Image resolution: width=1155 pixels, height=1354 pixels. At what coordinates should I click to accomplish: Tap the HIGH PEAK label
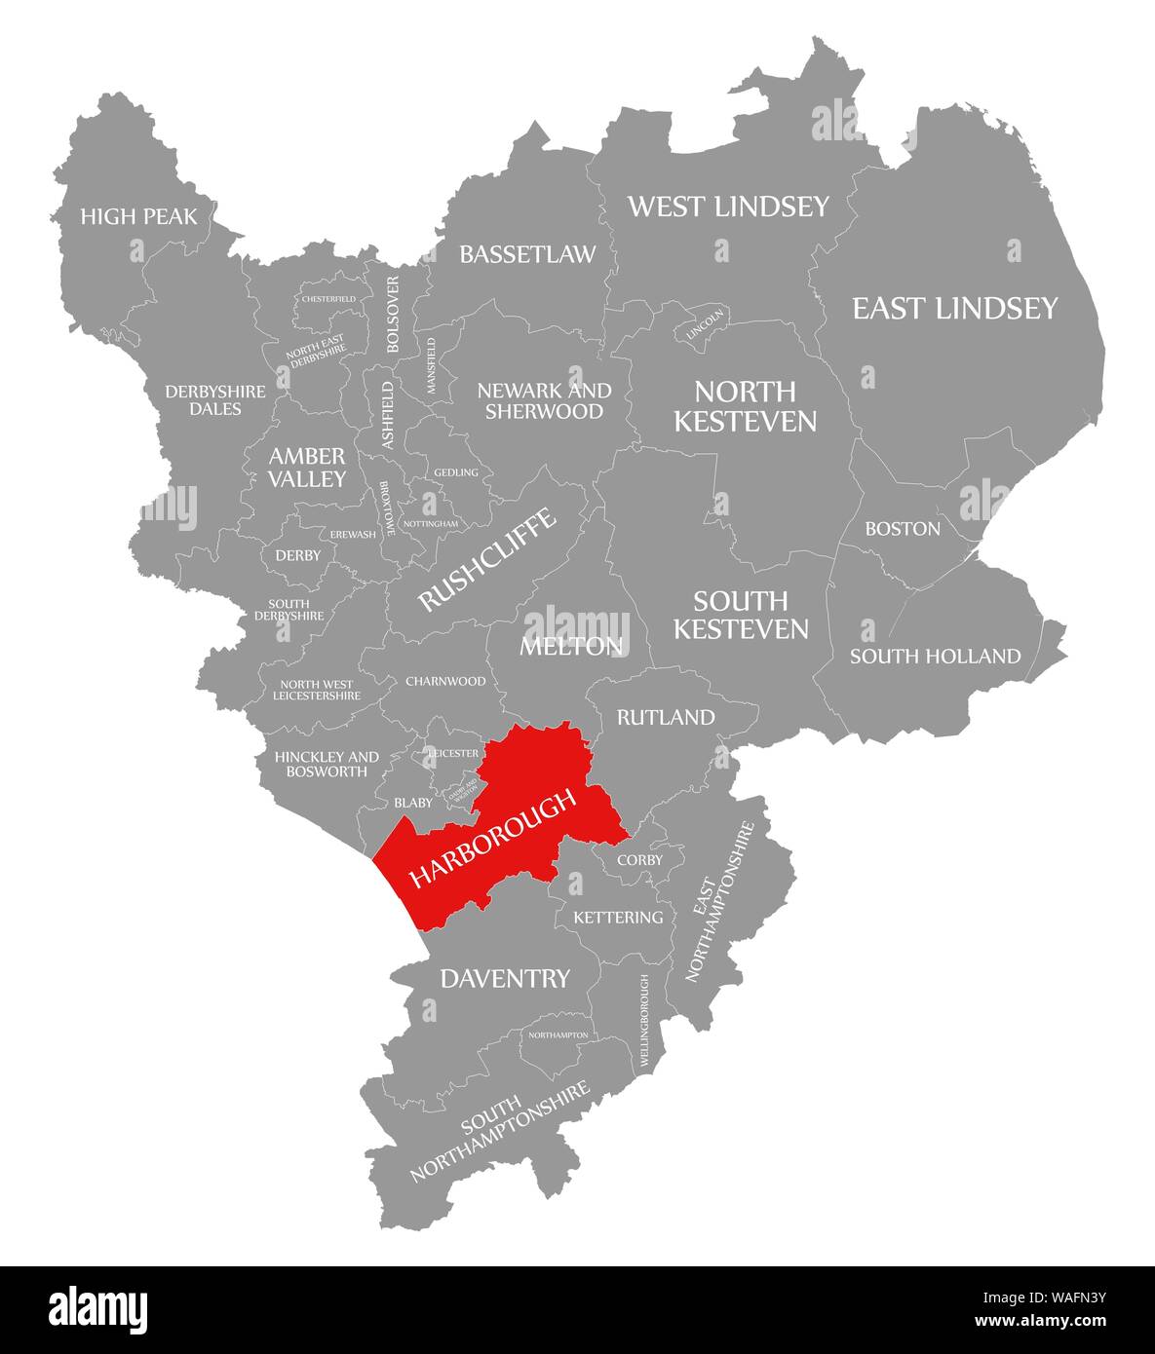click(138, 216)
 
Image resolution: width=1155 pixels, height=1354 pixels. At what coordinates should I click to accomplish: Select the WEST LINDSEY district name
click(728, 206)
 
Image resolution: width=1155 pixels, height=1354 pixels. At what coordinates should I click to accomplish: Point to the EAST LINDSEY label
click(954, 309)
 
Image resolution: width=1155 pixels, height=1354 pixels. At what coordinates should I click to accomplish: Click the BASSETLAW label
click(527, 254)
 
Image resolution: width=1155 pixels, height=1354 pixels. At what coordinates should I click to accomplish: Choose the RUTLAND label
click(666, 717)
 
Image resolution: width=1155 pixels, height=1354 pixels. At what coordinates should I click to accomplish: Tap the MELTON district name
click(571, 645)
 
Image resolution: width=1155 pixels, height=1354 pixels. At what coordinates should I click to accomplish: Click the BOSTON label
click(903, 529)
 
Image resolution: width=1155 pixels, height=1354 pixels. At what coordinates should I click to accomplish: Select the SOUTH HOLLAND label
click(935, 656)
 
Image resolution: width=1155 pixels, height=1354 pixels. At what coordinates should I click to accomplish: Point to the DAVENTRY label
click(505, 978)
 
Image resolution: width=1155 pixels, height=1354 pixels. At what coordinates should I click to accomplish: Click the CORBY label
click(639, 860)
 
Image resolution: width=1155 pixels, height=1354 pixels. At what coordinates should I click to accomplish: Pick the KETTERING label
click(618, 918)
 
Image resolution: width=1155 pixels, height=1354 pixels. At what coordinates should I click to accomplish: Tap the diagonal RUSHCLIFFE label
click(487, 560)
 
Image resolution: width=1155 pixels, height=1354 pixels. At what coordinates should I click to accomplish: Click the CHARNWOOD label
click(444, 681)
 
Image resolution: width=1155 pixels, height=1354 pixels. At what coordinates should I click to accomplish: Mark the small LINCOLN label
click(705, 322)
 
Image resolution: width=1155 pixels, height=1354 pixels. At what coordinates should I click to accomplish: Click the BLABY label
click(412, 803)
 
